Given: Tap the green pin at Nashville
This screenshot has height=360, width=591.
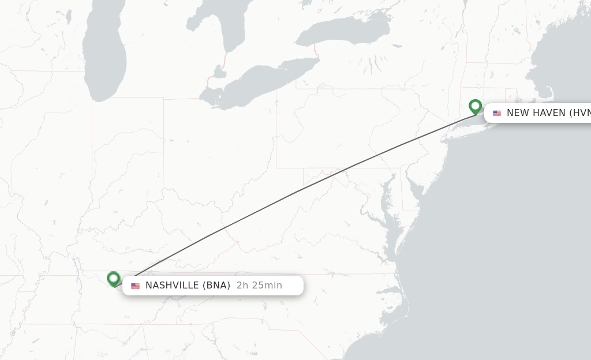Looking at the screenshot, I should pyautogui.click(x=113, y=279).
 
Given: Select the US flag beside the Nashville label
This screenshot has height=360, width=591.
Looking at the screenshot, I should pyautogui.click(x=135, y=286).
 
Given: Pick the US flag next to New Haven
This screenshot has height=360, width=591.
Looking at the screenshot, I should pyautogui.click(x=497, y=113).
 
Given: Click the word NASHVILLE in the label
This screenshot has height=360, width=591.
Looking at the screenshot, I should pyautogui.click(x=173, y=285).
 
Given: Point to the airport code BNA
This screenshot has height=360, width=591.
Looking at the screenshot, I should pyautogui.click(x=218, y=285).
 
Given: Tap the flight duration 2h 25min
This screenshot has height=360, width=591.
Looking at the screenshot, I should pyautogui.click(x=259, y=285).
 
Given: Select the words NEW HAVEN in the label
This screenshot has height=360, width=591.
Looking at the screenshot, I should pyautogui.click(x=536, y=112).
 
